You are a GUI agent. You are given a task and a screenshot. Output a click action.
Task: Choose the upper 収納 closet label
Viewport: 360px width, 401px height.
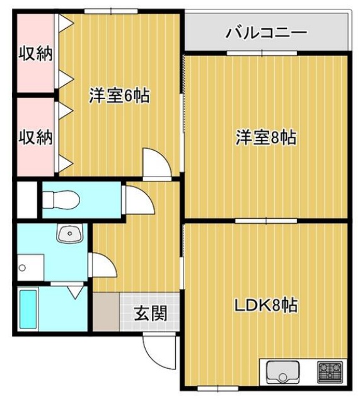35,52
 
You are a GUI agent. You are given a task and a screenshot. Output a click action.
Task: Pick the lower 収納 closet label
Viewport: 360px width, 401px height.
35,137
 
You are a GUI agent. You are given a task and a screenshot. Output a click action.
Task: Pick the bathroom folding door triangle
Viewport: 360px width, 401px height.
76,291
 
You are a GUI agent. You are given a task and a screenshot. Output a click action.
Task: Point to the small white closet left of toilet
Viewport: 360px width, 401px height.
26,200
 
